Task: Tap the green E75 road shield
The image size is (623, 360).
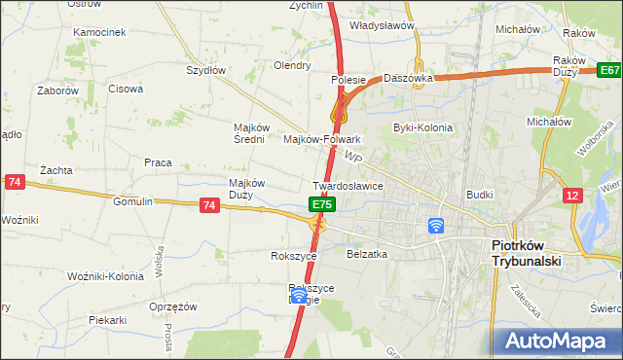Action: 323,204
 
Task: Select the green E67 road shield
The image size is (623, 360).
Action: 609,71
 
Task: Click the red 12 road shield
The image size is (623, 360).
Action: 573,196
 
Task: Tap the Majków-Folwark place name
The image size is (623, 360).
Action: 321,139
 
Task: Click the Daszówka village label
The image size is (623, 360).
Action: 407,77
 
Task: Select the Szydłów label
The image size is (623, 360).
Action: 206,70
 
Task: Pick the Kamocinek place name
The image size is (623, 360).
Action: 100,32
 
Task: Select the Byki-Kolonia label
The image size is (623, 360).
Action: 422,127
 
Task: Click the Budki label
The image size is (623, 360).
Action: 480,195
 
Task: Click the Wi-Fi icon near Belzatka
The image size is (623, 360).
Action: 436,226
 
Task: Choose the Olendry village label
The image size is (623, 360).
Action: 292,66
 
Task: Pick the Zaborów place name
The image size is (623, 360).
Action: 57,90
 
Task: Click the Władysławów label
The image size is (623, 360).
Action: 383,25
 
